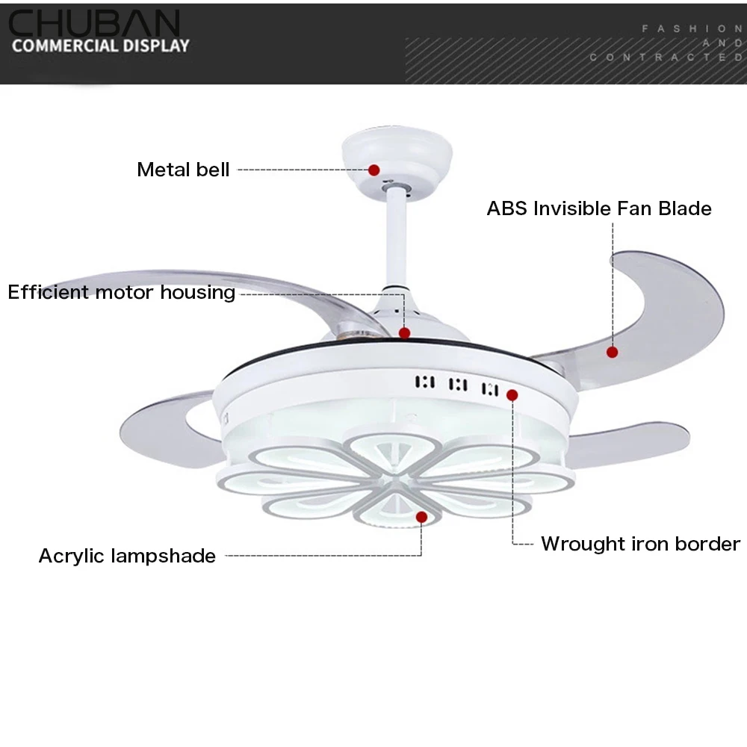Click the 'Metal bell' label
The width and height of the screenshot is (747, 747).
(x=183, y=170)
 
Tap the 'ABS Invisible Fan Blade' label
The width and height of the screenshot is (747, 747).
(x=599, y=208)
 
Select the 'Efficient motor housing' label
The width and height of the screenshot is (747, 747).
(x=122, y=293)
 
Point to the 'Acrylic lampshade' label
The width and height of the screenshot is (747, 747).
(x=127, y=556)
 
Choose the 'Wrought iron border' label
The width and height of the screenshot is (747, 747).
(x=640, y=544)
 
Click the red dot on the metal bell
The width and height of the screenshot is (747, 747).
(x=374, y=170)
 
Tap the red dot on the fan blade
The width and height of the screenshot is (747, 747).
(x=613, y=353)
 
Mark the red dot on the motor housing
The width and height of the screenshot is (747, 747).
(x=404, y=333)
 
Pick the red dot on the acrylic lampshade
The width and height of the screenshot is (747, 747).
(x=421, y=517)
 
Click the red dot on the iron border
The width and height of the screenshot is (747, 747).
(x=512, y=395)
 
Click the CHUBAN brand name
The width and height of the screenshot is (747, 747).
(x=94, y=23)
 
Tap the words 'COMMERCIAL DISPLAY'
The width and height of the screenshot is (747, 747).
(x=101, y=46)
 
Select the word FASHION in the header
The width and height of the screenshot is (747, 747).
(x=692, y=29)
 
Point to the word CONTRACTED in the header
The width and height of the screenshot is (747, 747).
(x=666, y=58)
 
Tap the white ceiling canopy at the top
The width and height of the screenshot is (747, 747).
(x=397, y=156)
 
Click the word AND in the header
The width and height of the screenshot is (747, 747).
(x=722, y=43)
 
